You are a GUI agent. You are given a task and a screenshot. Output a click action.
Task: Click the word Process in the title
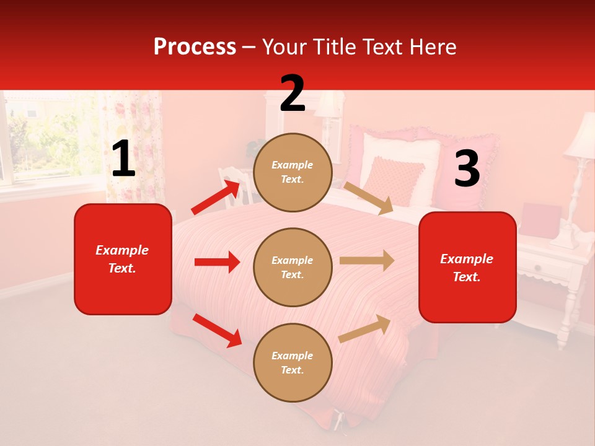(195, 47)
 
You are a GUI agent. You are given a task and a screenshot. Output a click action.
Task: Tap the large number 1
(123, 159)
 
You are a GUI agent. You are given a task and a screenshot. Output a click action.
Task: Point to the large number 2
(293, 94)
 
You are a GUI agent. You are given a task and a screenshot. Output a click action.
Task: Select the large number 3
(467, 169)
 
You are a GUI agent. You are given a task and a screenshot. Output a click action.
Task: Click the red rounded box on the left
(123, 259)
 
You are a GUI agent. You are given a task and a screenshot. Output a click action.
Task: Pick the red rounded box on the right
(467, 268)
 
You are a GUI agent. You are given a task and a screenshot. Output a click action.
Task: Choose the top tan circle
(293, 172)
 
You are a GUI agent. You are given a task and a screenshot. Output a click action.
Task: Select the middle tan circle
(293, 267)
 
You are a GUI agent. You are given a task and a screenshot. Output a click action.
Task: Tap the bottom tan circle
(293, 362)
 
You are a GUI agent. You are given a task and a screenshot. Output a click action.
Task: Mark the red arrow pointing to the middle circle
(217, 262)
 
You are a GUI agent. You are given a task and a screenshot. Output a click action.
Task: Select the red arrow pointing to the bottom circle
(217, 330)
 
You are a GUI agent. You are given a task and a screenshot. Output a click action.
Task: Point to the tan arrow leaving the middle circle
(367, 260)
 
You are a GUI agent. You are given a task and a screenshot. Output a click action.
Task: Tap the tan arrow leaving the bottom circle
(364, 329)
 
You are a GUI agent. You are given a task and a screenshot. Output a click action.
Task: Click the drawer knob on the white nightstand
(537, 268)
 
